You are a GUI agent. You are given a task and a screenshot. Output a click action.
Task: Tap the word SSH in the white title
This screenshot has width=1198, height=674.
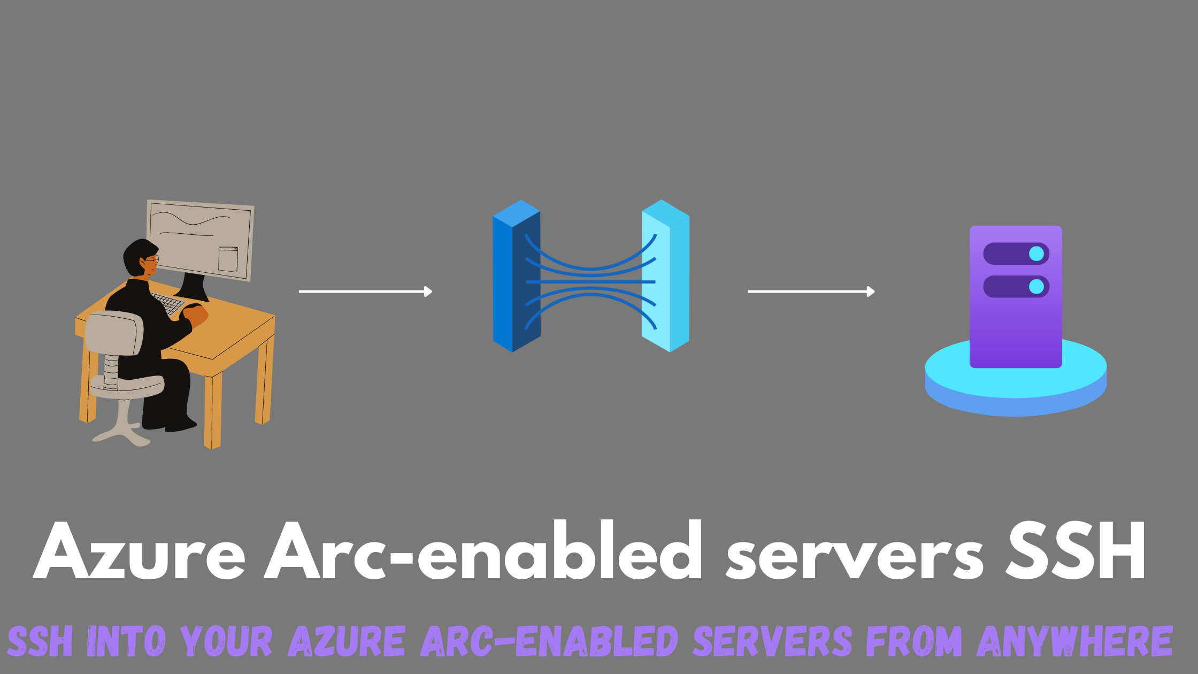pos(1076,551)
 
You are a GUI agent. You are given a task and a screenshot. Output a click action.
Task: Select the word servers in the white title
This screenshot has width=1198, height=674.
pos(854,556)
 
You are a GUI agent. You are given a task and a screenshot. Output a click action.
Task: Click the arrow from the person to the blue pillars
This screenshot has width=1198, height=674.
pos(365,292)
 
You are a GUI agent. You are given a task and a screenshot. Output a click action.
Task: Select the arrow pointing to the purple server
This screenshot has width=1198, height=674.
pos(811,292)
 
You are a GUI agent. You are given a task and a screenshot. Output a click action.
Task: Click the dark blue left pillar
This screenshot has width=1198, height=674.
pos(516,276)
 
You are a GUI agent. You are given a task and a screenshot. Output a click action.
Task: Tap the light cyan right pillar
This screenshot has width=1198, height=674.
pos(666,276)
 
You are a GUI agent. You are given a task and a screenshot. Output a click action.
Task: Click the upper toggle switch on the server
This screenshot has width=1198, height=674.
pos(1016,254)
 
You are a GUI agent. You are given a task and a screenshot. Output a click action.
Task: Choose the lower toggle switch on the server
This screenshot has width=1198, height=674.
pos(1016,287)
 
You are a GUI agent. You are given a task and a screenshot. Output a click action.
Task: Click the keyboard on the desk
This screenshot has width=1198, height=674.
pos(168,303)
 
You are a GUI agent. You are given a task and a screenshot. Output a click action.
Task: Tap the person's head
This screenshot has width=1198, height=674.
pos(141,258)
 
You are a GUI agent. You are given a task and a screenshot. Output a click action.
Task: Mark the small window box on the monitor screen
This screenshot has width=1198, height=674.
pos(228,259)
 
